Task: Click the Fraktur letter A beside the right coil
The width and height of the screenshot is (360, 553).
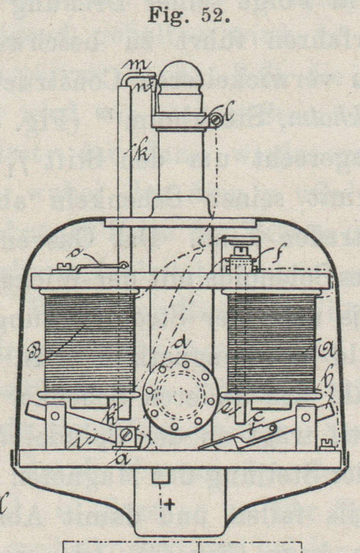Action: (329, 351)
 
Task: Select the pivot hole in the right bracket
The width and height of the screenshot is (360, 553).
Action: (306, 418)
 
